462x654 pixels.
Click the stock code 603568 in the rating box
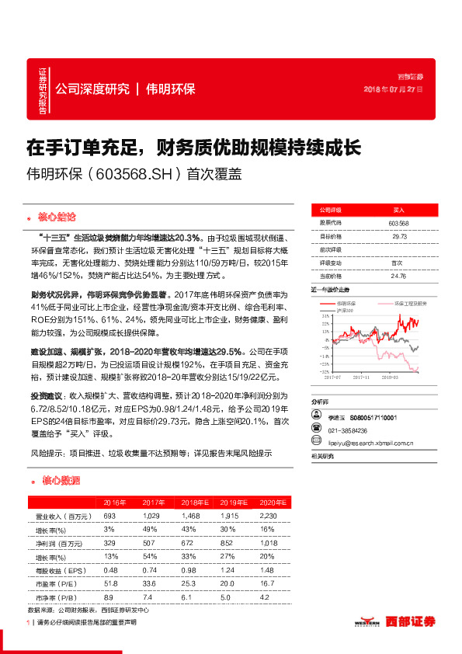tap(398, 223)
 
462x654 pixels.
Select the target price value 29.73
tap(398, 236)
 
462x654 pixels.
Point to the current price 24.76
tap(398, 275)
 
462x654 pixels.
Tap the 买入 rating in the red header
tap(398, 210)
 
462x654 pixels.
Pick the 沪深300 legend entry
tap(339, 310)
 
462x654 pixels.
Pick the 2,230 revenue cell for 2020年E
tap(268, 516)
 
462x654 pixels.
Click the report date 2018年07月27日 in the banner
tap(393, 89)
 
